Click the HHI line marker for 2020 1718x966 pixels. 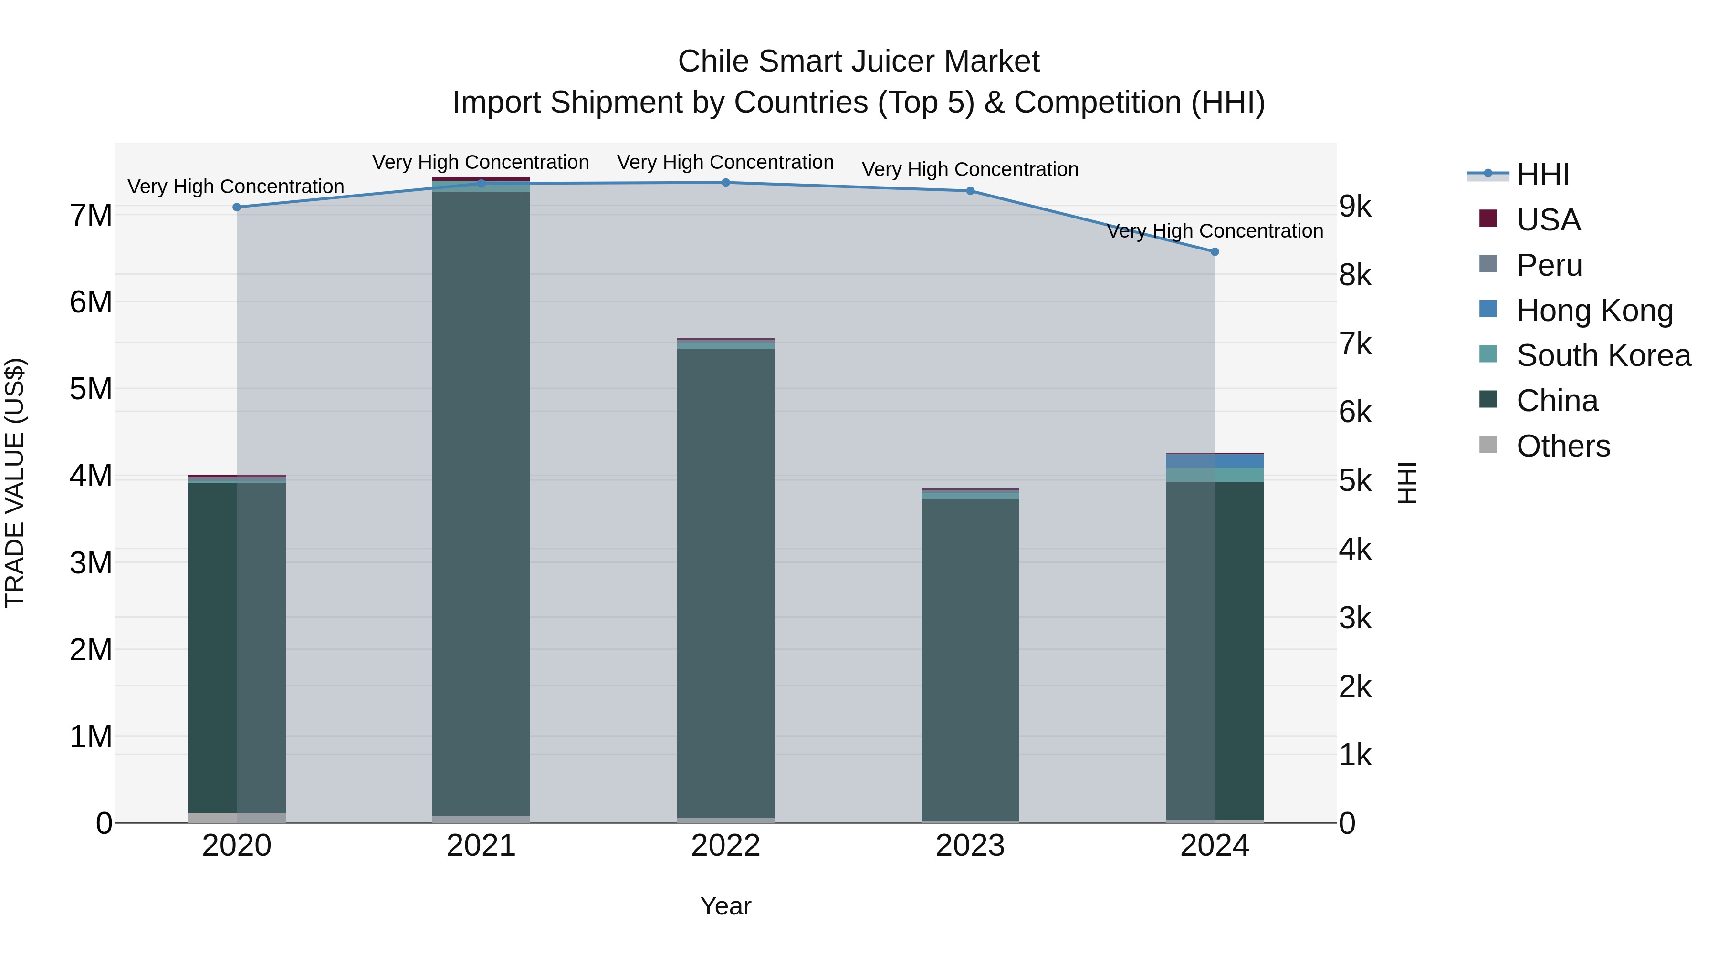tap(237, 208)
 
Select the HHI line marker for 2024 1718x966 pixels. tap(1215, 252)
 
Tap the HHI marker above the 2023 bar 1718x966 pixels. tap(970, 191)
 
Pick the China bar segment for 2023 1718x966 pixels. tap(970, 660)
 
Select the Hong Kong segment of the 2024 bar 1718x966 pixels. tap(1215, 461)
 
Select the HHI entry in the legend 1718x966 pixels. tap(1542, 175)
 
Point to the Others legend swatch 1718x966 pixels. tap(1488, 445)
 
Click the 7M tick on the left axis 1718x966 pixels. tap(91, 215)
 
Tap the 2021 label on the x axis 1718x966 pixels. tap(481, 846)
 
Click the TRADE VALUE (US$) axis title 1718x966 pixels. tap(15, 483)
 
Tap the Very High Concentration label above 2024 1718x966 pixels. tap(1215, 231)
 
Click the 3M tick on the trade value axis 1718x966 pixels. tap(91, 563)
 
